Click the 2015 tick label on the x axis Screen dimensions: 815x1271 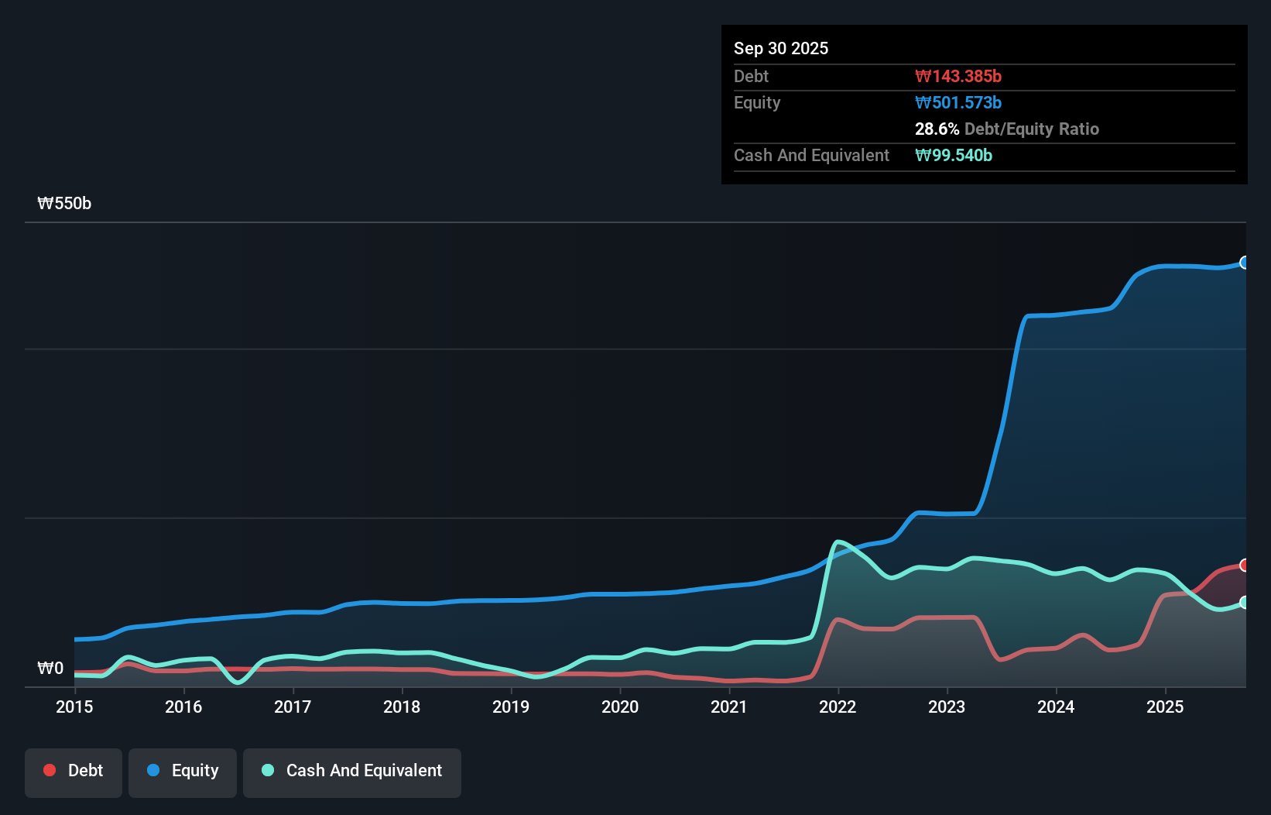(74, 707)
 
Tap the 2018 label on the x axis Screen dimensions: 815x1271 (402, 707)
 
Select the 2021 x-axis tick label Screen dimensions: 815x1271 (729, 707)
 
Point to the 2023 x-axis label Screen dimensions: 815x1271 (947, 707)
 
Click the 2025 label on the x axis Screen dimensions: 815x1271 (1165, 707)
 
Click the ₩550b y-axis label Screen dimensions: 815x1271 (64, 204)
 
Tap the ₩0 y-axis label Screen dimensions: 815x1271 (50, 668)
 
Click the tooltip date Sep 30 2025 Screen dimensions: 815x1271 (780, 48)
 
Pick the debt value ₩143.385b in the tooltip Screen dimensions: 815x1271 (958, 76)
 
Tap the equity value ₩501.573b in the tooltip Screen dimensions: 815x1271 (958, 102)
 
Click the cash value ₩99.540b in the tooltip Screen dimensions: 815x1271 (953, 155)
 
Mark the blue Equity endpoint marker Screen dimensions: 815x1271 (1245, 263)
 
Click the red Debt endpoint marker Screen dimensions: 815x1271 (1245, 565)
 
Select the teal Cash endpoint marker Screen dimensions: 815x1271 (1245, 602)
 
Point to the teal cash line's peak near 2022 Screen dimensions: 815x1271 (838, 542)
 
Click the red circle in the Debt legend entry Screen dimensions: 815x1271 (50, 770)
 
